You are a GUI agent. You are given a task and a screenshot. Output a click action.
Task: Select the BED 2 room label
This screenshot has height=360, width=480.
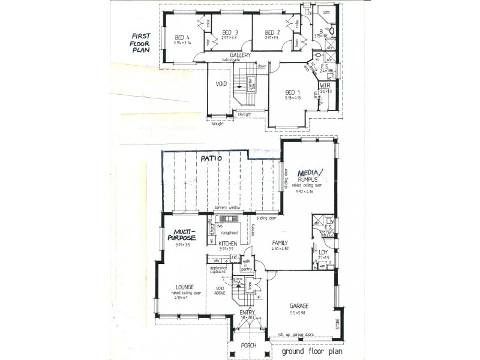272,32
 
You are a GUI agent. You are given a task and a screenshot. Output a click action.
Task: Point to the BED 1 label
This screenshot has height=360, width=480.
292,92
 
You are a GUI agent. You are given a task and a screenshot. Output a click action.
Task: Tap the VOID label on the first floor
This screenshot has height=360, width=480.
221,84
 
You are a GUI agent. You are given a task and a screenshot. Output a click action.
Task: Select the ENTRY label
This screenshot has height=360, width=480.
247,313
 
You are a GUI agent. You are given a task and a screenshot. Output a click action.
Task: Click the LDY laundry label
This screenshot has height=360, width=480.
322,251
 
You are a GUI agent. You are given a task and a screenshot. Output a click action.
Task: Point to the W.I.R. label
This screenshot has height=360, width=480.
326,86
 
